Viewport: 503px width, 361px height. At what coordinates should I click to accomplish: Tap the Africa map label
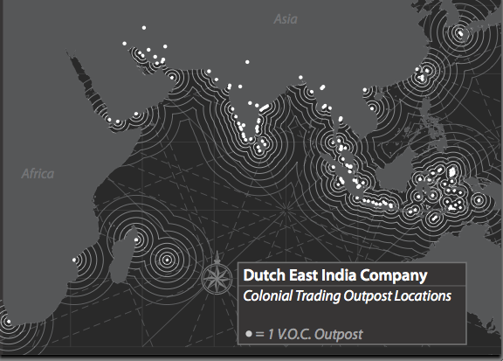38,173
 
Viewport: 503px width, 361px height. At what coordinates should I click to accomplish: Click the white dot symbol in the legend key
249,334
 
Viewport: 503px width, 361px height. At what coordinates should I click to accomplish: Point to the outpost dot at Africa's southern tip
7,322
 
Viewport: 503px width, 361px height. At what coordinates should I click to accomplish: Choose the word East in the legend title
307,275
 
